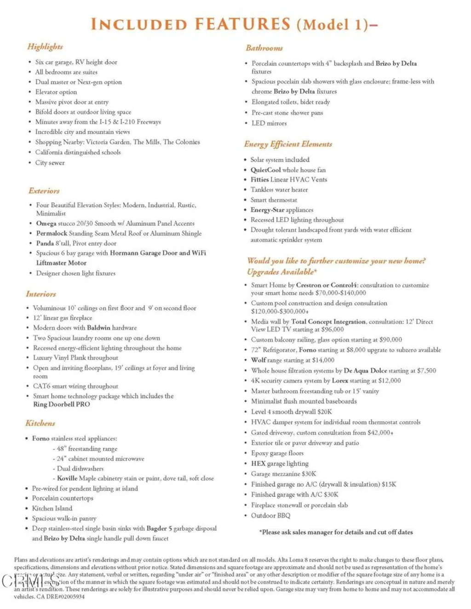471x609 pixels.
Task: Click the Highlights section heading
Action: click(45, 47)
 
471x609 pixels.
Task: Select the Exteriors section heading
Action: click(44, 191)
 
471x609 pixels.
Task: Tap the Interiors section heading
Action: click(41, 294)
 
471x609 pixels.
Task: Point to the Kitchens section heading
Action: click(40, 423)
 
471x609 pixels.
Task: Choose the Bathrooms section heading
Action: click(264, 48)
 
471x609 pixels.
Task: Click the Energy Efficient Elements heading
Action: click(288, 144)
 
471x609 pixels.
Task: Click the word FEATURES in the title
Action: click(242, 24)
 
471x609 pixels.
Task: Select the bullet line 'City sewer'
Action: click(50, 163)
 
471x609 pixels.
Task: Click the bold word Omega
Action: click(46, 223)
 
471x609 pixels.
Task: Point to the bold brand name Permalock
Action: click(52, 233)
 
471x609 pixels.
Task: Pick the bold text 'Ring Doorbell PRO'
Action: click(61, 404)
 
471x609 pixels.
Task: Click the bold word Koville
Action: click(67, 478)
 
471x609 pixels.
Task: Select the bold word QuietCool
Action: click(265, 170)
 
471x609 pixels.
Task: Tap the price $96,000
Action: click(332, 329)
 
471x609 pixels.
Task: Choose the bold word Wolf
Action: click(258, 360)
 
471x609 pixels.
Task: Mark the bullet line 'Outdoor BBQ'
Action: click(270, 515)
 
